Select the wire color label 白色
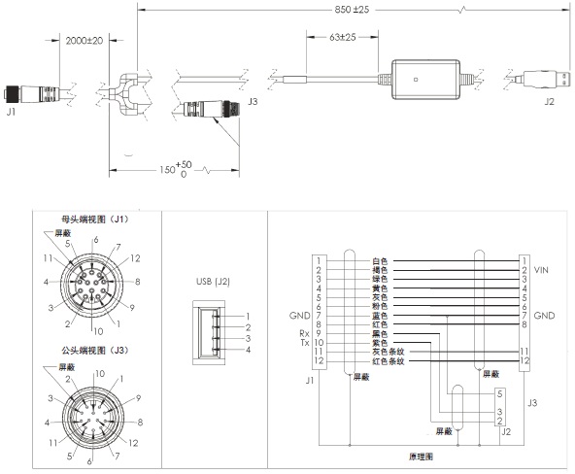coord(380,260)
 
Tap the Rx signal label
coord(305,333)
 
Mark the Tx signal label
coord(305,343)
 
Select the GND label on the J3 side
coord(544,316)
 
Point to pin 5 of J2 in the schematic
coord(497,392)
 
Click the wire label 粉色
coord(380,306)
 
